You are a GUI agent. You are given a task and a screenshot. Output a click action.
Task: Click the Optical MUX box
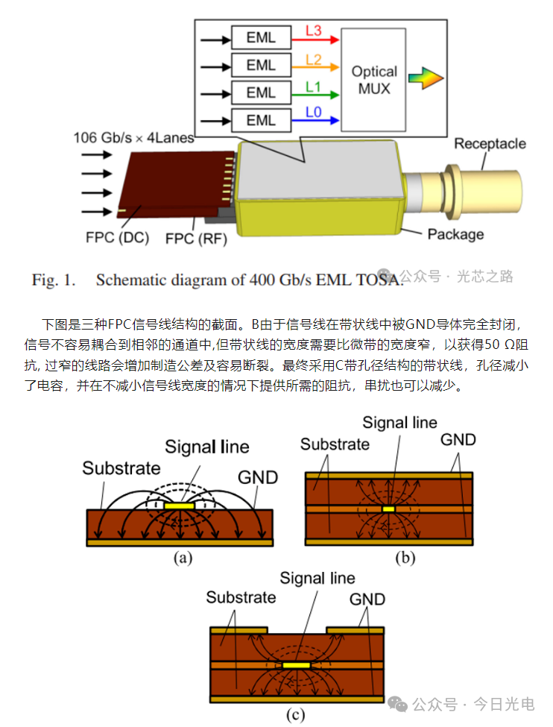(x=374, y=80)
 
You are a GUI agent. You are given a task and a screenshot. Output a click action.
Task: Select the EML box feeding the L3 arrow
(x=261, y=37)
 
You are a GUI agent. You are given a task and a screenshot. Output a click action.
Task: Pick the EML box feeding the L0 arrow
(x=261, y=120)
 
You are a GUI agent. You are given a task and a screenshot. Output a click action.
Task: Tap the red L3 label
(x=314, y=30)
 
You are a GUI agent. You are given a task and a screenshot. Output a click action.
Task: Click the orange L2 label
(x=314, y=58)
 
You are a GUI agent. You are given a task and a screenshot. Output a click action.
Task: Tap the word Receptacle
(x=490, y=144)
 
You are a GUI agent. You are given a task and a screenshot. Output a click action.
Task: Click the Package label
(x=455, y=234)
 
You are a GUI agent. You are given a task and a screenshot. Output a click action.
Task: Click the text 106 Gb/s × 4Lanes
(x=134, y=137)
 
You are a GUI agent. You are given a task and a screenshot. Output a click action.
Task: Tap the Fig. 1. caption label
(x=54, y=280)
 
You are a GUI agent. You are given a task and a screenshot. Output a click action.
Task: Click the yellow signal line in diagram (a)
(x=179, y=506)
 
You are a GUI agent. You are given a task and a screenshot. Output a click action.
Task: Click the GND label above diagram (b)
(x=458, y=439)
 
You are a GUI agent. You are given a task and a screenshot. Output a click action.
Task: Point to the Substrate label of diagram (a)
(x=121, y=468)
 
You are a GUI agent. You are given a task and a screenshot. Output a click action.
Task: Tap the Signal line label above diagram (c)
(x=317, y=578)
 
